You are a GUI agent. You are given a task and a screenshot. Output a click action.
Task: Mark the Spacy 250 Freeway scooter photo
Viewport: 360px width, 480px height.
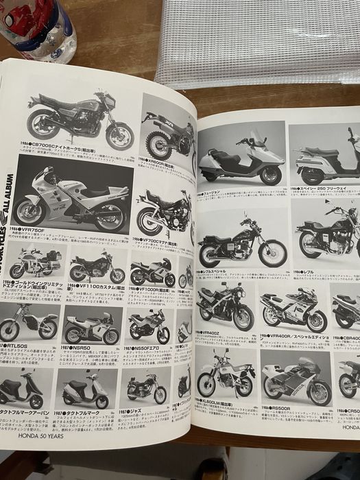322,157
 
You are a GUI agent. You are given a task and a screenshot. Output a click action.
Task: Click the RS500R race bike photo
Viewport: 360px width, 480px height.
295,381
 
